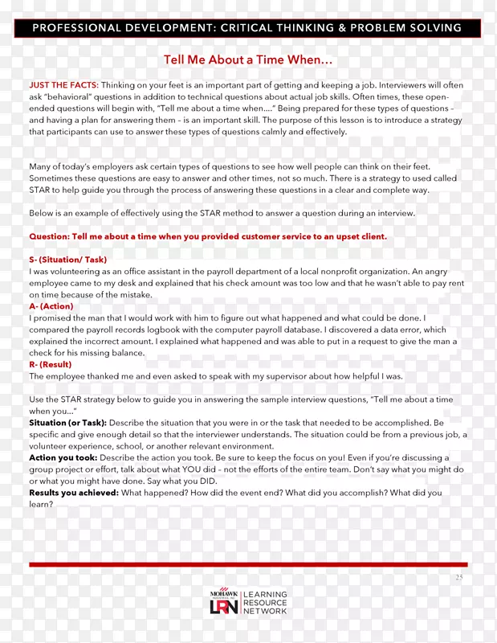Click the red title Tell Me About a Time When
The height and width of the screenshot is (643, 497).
[248, 60]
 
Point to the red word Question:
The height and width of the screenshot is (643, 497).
[49, 237]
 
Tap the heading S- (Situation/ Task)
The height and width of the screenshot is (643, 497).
[67, 260]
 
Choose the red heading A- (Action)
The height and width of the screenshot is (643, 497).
[51, 306]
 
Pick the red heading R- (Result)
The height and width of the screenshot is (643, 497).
[50, 364]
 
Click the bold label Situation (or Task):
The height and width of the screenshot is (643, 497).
[67, 423]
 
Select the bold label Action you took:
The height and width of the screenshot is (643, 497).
[63, 457]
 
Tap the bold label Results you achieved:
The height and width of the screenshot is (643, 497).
[74, 493]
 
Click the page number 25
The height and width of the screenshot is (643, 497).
[459, 577]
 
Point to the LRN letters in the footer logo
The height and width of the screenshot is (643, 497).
[225, 608]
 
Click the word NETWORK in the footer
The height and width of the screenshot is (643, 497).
[265, 612]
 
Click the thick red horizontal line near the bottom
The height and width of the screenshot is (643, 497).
[248, 565]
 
